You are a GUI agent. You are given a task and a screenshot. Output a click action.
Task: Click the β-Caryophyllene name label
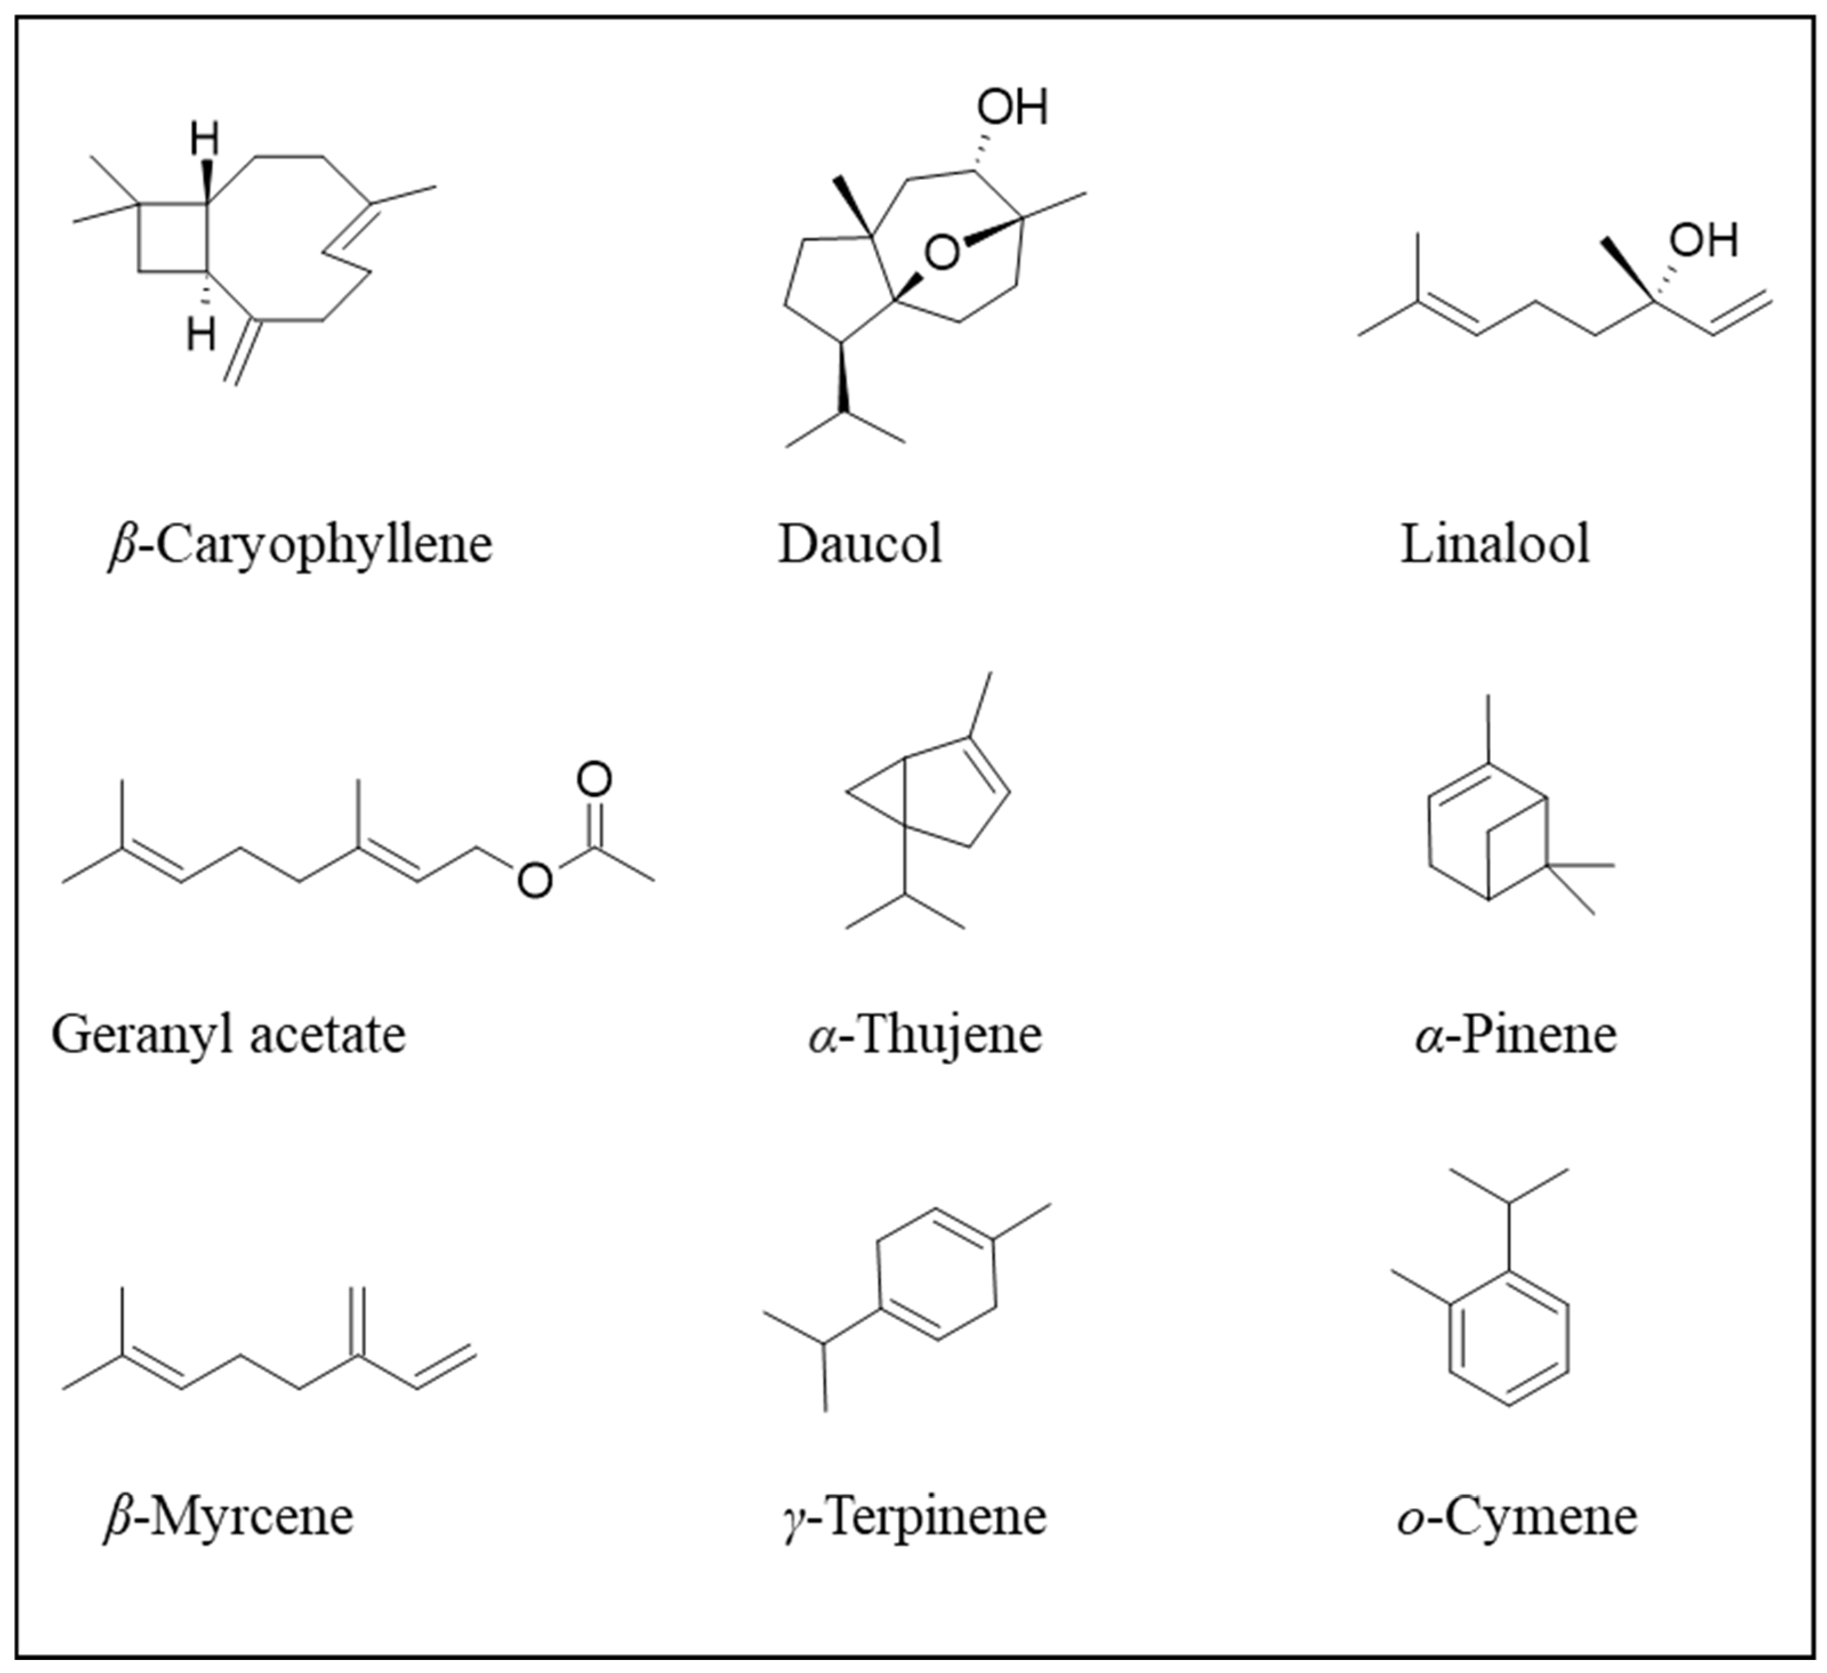[x=300, y=545]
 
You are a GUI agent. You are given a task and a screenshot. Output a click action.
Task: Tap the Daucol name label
[x=859, y=545]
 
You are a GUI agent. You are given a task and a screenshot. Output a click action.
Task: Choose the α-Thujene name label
[x=924, y=1034]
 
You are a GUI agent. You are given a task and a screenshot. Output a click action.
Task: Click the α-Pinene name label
[x=1515, y=1034]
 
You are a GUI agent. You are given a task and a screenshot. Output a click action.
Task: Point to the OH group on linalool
[x=1704, y=241]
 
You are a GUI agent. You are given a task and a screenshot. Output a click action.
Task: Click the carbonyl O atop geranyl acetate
[x=594, y=779]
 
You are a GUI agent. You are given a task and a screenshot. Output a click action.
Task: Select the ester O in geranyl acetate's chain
[x=535, y=878]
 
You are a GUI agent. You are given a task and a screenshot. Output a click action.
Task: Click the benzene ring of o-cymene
[x=1509, y=1337]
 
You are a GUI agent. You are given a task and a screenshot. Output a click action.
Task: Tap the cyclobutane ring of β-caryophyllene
[x=173, y=237]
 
